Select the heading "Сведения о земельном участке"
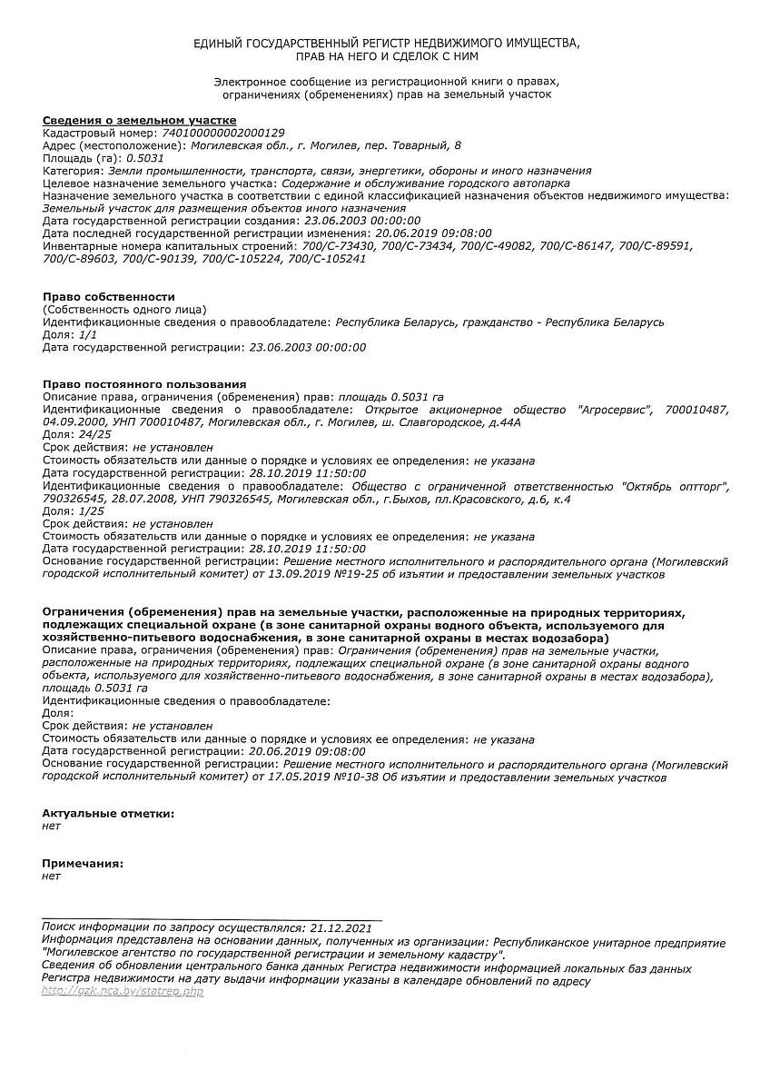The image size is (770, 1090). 140,120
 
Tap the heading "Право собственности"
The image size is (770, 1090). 109,297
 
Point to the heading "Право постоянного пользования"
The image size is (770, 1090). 144,385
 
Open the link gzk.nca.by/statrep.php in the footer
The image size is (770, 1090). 123,991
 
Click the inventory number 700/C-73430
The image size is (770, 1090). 339,246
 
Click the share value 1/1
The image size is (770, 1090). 88,335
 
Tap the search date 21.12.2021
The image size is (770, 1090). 341,928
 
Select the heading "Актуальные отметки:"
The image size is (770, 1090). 108,814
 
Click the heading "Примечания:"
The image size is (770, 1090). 83,864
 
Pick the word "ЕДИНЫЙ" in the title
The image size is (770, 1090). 218,44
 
